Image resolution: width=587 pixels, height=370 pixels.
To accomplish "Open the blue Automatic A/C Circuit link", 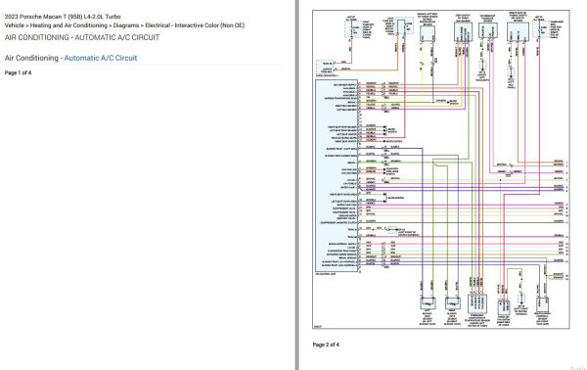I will (101, 59).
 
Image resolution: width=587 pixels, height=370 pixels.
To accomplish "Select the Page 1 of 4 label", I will (19, 73).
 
